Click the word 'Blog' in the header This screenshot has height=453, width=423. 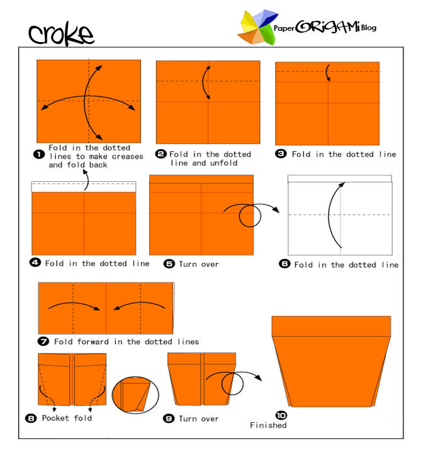pos(369,28)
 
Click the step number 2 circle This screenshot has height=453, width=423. pos(161,154)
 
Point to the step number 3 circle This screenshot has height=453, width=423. pos(281,154)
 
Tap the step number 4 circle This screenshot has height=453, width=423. pos(35,263)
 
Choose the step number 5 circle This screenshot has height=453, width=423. pos(169,264)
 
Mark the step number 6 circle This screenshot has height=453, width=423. pos(284,264)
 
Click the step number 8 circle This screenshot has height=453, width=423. pos(31,418)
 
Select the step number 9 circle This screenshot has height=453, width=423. pos(169,418)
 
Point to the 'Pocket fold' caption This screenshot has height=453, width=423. pos(67,418)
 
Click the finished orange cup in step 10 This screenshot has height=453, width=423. pos(331,362)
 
